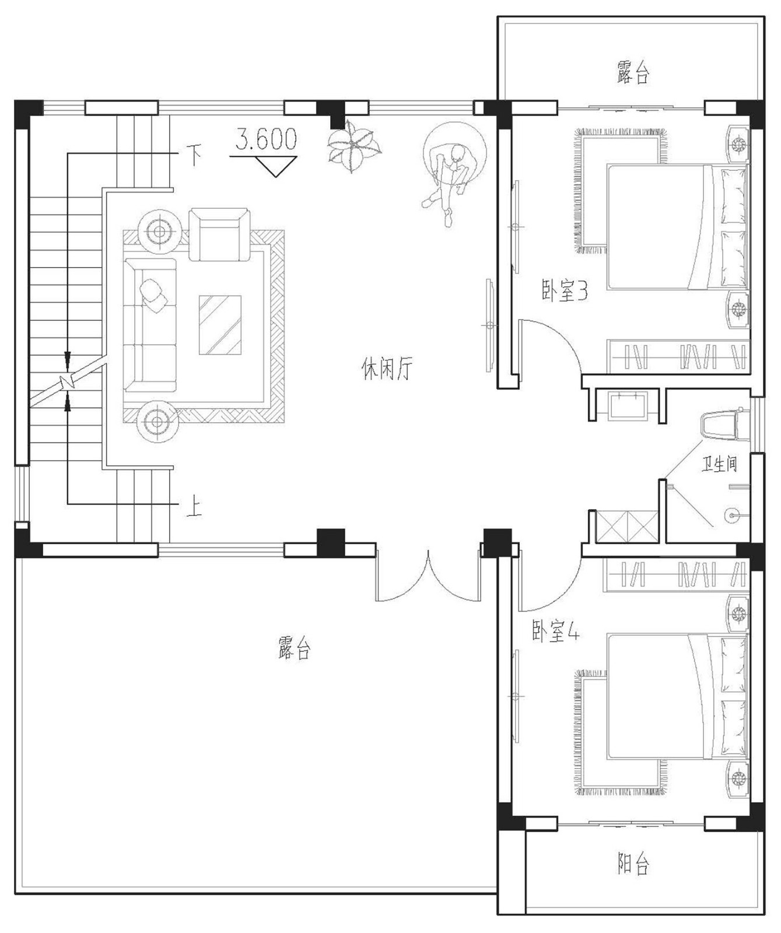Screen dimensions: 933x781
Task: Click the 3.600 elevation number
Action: (266, 139)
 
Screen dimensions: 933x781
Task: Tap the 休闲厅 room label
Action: (387, 369)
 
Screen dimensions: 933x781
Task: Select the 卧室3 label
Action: (564, 290)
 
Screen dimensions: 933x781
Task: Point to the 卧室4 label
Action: (555, 632)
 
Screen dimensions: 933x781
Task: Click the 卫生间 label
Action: (719, 464)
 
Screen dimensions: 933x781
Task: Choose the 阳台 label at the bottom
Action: (633, 864)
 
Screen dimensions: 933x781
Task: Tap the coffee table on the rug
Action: (220, 325)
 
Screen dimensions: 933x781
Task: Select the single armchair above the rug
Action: (219, 234)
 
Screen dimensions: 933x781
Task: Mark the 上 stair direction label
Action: (194, 506)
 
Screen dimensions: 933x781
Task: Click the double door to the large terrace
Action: (428, 577)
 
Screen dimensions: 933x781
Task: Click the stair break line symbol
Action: (68, 382)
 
